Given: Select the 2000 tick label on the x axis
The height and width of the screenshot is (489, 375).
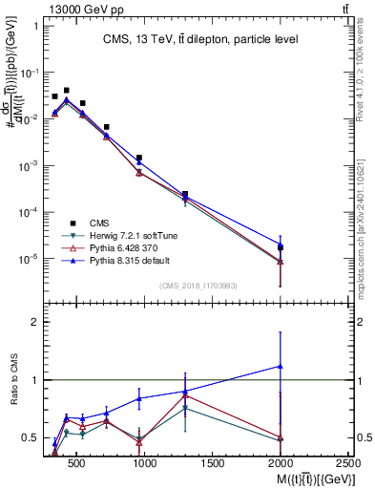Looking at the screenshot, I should point(281,464).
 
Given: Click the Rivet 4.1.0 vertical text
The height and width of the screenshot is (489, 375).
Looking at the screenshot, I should point(366,72).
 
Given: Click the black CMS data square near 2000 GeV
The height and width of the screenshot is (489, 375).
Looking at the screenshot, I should point(281,247).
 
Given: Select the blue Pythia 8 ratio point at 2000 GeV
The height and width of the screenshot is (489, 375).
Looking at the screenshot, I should point(281,366).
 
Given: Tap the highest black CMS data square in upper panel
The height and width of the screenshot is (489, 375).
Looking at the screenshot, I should point(66,91).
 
